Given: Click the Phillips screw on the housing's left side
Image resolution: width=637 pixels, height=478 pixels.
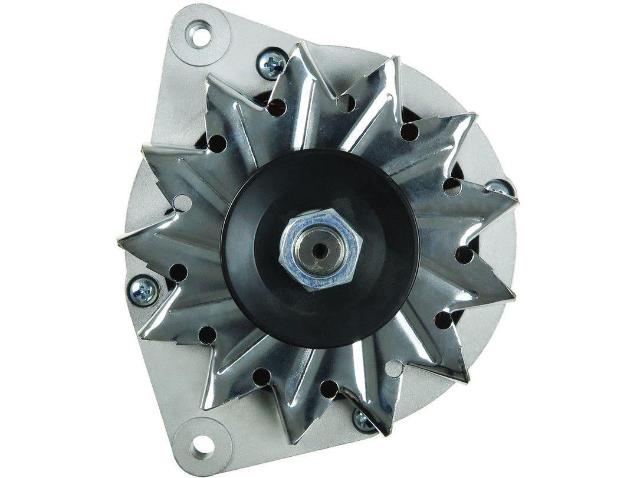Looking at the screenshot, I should [x=143, y=290].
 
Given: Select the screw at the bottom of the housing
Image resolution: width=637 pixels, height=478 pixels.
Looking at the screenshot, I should [x=363, y=420].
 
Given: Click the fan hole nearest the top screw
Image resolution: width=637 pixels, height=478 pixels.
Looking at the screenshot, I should [x=277, y=107].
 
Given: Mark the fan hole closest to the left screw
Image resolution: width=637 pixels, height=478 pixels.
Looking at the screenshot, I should [x=177, y=272].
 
